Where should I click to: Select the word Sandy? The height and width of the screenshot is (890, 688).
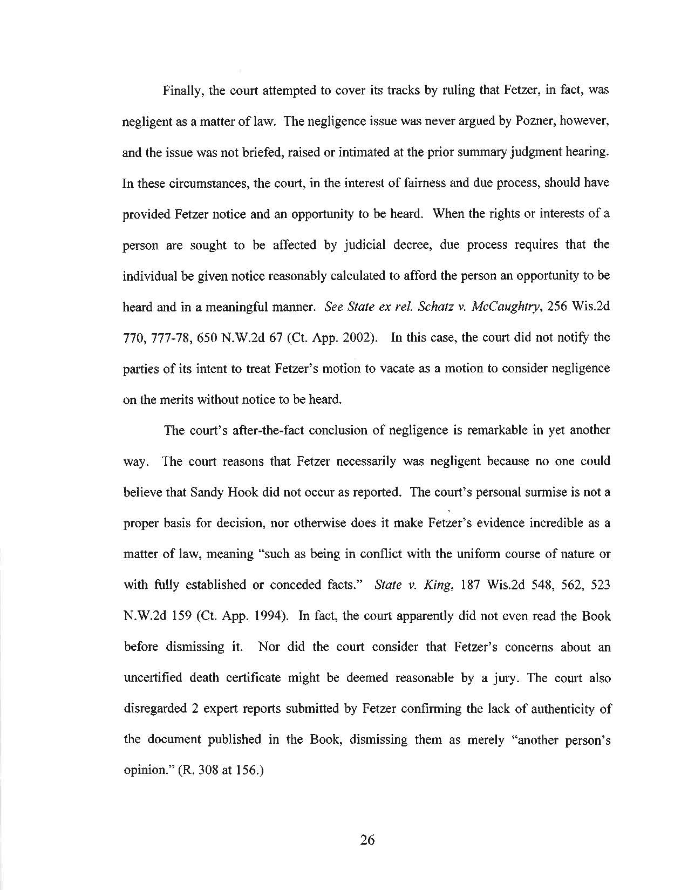(x=206, y=493)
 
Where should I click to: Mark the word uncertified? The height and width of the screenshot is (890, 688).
(x=153, y=678)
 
